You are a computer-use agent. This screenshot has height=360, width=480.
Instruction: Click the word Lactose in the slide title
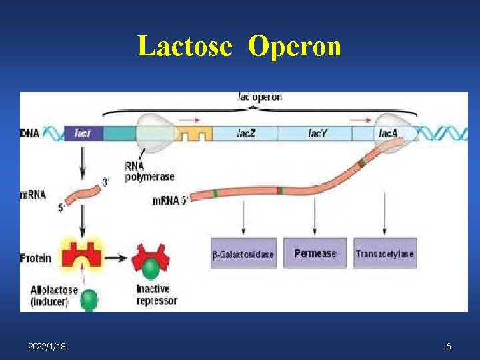coord(185,47)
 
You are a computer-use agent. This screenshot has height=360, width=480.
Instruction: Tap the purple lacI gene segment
coord(83,133)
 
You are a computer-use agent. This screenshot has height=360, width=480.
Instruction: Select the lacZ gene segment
coord(245,133)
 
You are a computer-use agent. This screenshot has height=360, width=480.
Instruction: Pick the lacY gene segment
coord(318,133)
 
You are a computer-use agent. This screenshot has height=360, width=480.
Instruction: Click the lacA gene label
coord(388,133)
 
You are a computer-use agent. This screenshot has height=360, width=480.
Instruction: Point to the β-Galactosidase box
coord(243,253)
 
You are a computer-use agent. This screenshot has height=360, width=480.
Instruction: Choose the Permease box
coord(315,253)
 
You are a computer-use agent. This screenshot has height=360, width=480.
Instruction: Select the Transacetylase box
coord(385,253)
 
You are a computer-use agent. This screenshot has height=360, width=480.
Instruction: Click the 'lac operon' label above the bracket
coord(260,97)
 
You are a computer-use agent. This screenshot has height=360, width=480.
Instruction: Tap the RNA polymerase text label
coord(149,171)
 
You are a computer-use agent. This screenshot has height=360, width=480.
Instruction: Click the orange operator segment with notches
coord(193,134)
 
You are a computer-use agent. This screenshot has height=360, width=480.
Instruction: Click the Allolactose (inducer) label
coord(54,295)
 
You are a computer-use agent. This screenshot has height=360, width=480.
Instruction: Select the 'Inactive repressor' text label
coord(157,295)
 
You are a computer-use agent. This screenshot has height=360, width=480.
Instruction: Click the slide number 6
coord(449,347)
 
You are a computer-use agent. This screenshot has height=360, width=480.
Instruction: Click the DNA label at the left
coord(29,133)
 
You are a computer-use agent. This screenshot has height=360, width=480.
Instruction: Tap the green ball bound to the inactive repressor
coord(151,269)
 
